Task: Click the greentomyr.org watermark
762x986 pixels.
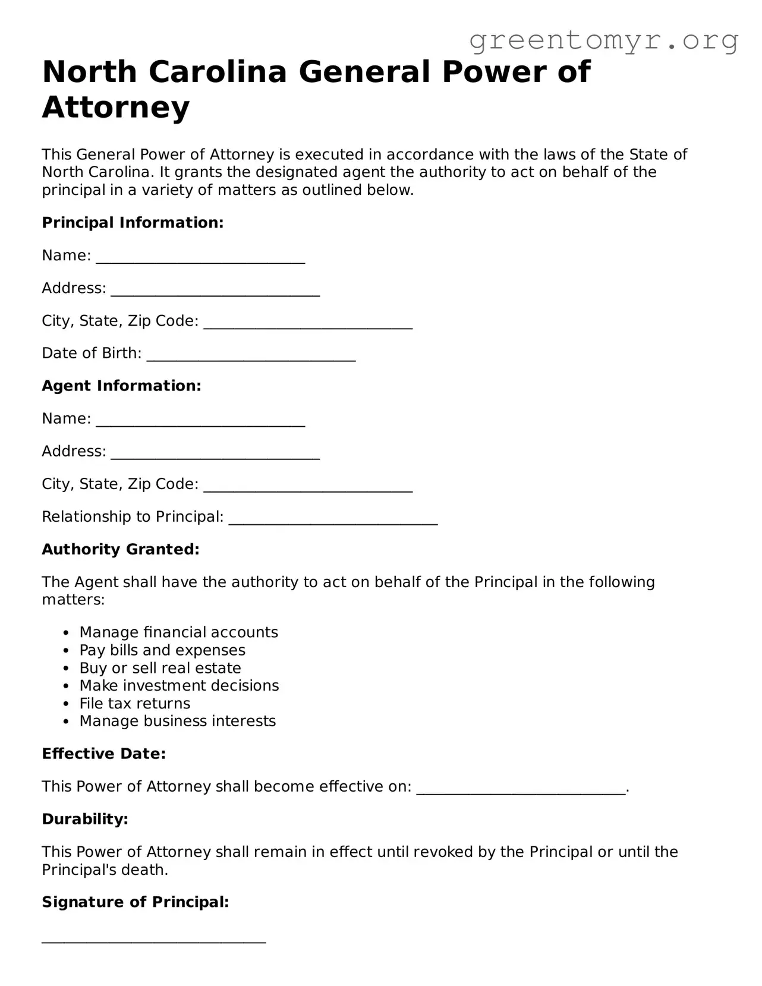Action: point(603,40)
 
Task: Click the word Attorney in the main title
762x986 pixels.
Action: point(116,108)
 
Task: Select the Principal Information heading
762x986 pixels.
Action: point(133,223)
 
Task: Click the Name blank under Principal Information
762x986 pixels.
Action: point(200,257)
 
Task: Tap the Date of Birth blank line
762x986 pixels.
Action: point(251,355)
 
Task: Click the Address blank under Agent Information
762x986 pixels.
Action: point(215,453)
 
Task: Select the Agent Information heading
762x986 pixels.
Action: point(121,386)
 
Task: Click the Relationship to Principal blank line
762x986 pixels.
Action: point(333,518)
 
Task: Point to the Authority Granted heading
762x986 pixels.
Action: point(121,550)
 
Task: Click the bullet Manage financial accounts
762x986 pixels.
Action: point(178,632)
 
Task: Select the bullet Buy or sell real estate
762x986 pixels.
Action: point(160,668)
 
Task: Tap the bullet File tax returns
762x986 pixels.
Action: point(135,704)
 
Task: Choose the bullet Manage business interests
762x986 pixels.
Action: point(177,722)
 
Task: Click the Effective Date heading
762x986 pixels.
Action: point(103,754)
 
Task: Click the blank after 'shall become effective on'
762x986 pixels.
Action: point(521,788)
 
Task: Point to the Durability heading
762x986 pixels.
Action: point(85,820)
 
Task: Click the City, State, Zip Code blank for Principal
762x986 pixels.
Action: point(308,322)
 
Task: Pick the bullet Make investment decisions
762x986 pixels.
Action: point(179,686)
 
